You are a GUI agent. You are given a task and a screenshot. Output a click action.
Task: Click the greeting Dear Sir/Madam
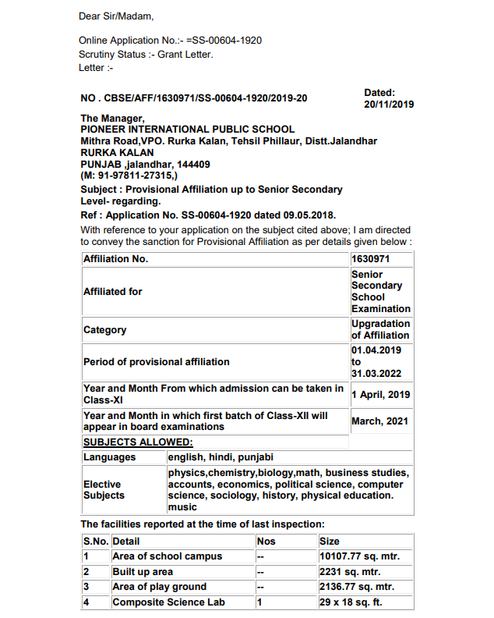116,16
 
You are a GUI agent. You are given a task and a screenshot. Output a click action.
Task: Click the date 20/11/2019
389,104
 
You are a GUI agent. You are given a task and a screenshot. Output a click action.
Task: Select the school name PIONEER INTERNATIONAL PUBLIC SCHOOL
188,130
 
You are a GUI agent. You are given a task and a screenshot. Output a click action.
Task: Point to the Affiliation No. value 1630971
370,259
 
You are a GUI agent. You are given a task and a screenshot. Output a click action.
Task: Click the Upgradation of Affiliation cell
380,329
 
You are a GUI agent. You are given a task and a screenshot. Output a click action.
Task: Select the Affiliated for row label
113,291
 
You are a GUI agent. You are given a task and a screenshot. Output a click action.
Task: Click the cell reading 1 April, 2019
380,395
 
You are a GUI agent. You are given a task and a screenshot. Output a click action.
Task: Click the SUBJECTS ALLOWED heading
138,442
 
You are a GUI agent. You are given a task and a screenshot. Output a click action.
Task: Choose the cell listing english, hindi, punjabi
221,457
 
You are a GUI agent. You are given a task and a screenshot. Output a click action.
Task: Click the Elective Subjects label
104,490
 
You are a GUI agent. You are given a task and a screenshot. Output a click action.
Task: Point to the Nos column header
266,541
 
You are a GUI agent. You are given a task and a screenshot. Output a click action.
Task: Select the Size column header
330,541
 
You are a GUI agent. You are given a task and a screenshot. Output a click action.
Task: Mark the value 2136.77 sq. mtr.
358,587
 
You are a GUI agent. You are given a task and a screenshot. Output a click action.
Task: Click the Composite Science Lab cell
169,602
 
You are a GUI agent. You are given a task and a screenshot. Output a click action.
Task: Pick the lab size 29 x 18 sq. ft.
351,602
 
